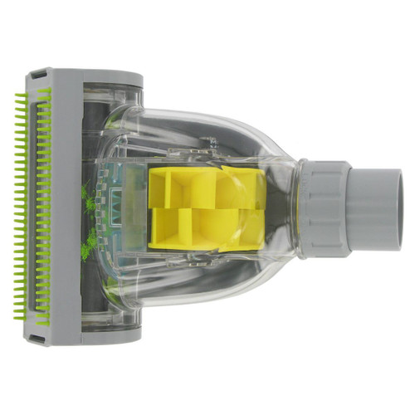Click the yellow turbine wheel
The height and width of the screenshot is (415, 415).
[207, 207]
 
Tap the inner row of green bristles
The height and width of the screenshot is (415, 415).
[42, 207]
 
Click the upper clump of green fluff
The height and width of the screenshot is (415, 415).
[86, 198]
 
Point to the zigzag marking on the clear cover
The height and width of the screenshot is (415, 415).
[117, 207]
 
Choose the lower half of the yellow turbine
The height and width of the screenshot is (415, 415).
[207, 230]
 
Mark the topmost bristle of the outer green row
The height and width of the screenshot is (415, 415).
[20, 95]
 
